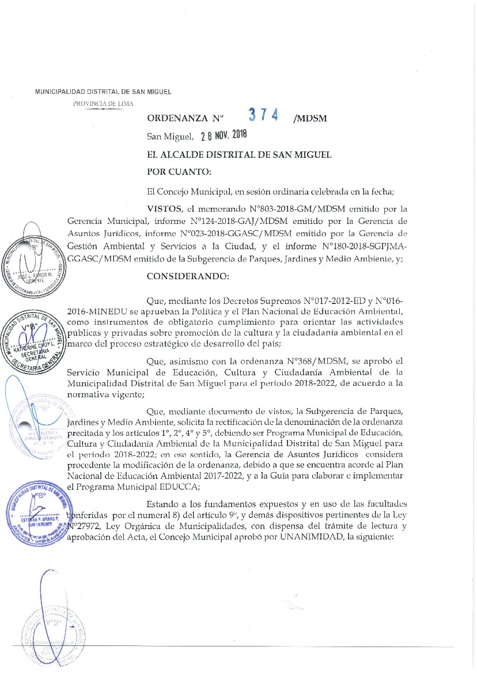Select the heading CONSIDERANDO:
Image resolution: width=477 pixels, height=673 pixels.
188,276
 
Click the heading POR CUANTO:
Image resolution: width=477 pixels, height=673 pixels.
179,171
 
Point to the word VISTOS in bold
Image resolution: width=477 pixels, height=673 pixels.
167,208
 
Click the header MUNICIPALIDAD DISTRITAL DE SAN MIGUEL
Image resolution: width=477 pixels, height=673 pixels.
104,92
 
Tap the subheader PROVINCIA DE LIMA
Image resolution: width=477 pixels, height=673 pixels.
103,104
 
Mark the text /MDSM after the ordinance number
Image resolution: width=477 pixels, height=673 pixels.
310,119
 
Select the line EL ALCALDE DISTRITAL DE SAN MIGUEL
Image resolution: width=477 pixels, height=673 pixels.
239,155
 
